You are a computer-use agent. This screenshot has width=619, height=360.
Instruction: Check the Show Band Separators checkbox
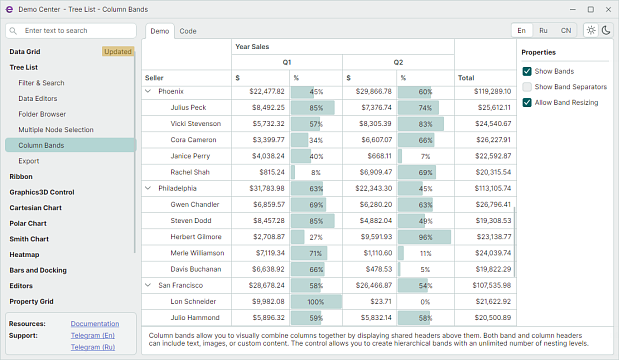click(527, 87)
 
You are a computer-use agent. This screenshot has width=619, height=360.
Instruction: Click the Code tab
click(188, 31)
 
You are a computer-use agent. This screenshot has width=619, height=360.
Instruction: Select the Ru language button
click(543, 30)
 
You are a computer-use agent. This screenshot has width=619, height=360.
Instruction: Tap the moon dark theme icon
click(606, 30)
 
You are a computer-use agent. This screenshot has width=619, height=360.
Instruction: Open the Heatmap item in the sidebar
click(24, 255)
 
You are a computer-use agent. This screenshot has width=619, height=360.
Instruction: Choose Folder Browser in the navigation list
click(42, 114)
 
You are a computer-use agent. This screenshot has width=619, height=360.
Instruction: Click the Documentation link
click(95, 324)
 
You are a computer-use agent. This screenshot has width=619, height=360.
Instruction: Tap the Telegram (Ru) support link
click(93, 347)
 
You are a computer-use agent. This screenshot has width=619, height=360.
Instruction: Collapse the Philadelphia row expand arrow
click(148, 188)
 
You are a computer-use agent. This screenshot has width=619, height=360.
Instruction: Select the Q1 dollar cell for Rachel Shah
click(261, 172)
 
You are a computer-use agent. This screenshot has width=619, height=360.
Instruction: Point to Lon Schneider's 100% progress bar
click(316, 302)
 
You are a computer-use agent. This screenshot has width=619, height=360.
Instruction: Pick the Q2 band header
click(398, 62)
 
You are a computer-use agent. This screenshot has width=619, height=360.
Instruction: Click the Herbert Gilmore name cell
click(196, 237)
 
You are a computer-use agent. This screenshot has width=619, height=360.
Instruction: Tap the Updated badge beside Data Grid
click(118, 52)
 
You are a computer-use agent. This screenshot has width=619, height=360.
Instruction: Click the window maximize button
click(591, 9)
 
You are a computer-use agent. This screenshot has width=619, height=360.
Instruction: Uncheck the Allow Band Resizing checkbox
click(527, 103)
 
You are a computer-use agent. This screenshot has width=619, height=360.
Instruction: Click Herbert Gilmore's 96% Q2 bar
click(424, 237)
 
